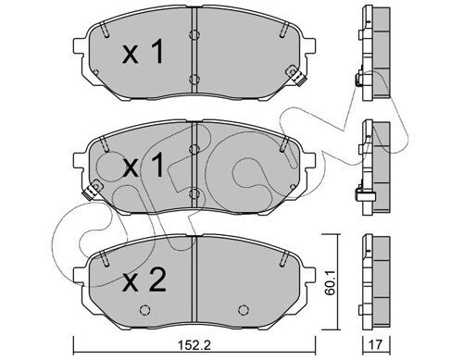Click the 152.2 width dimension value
[x=194, y=345]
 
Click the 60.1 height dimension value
[x=330, y=283]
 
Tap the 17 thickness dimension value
[x=376, y=345]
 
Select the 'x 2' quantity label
[x=144, y=279]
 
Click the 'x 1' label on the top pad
[x=143, y=53]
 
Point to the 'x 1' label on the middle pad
[x=144, y=166]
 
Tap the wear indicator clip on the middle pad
[x=93, y=190]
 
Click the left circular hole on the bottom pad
[x=144, y=310]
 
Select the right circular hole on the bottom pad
[x=244, y=310]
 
